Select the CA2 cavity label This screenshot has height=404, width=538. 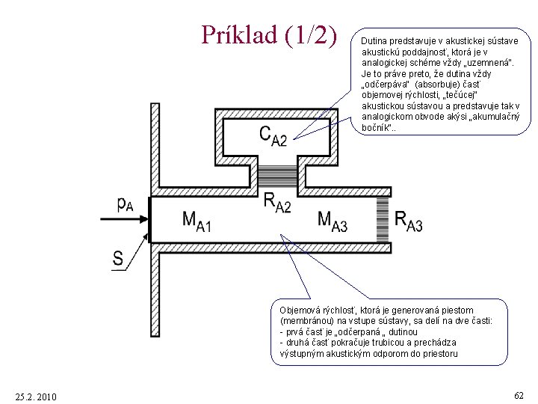coord(273,135)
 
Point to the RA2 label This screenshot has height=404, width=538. coord(277,202)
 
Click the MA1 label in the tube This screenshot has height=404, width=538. coord(197,221)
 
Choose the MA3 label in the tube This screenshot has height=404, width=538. coord(333,221)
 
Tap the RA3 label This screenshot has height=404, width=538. coord(408,221)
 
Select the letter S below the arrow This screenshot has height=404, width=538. coord(118,260)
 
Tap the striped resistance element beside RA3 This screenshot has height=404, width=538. coord(384,218)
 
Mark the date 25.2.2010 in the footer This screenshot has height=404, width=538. coord(35,396)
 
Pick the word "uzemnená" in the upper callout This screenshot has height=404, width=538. coord(470,63)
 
